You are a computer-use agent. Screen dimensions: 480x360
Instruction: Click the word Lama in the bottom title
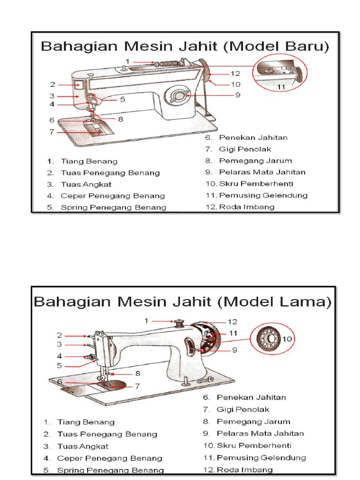coord(306,302)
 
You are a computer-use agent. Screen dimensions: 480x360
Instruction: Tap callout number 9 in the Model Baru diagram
coord(238,95)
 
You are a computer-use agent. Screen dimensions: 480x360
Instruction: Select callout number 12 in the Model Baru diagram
coord(235,74)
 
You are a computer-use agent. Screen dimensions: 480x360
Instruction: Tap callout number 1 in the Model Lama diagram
coord(146,321)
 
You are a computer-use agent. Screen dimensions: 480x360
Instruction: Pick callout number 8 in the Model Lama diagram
coord(137,374)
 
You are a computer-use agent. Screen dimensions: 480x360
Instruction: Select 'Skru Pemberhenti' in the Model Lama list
coord(254,445)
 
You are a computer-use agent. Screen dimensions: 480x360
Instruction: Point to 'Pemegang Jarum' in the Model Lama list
coord(253,421)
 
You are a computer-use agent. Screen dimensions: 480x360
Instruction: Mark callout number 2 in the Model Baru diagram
coord(53,84)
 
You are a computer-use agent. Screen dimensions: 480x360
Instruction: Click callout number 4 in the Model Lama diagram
coord(60,356)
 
